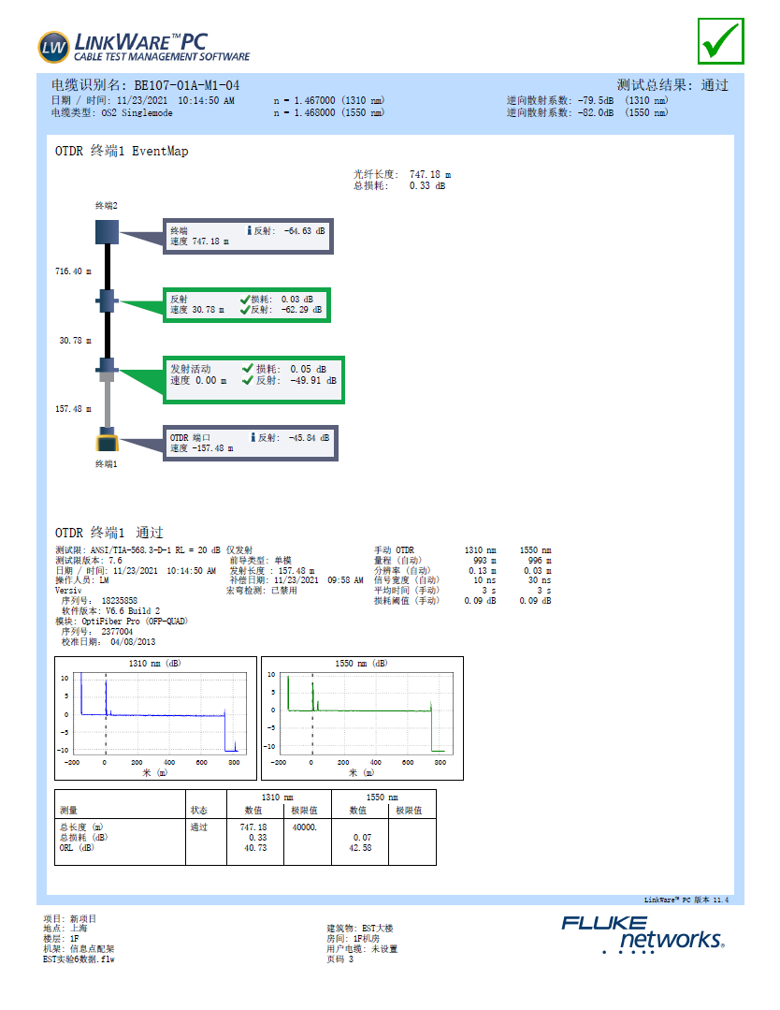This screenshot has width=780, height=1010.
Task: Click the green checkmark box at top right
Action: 720,40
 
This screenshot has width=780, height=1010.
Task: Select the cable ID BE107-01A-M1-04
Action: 186,85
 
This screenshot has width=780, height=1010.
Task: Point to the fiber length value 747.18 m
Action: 430,174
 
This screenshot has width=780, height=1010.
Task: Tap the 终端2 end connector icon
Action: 107,230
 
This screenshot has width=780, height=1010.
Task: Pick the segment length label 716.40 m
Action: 73,271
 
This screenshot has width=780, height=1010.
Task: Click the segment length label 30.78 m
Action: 77,341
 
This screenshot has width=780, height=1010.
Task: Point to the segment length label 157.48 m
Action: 75,409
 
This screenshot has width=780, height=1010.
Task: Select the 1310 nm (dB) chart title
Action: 155,664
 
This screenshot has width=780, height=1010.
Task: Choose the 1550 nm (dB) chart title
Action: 361,664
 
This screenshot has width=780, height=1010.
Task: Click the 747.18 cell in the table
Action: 253,827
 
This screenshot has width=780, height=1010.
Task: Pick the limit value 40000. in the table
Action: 305,827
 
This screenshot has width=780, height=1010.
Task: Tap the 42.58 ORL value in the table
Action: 359,848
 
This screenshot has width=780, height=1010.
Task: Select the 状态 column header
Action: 199,810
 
